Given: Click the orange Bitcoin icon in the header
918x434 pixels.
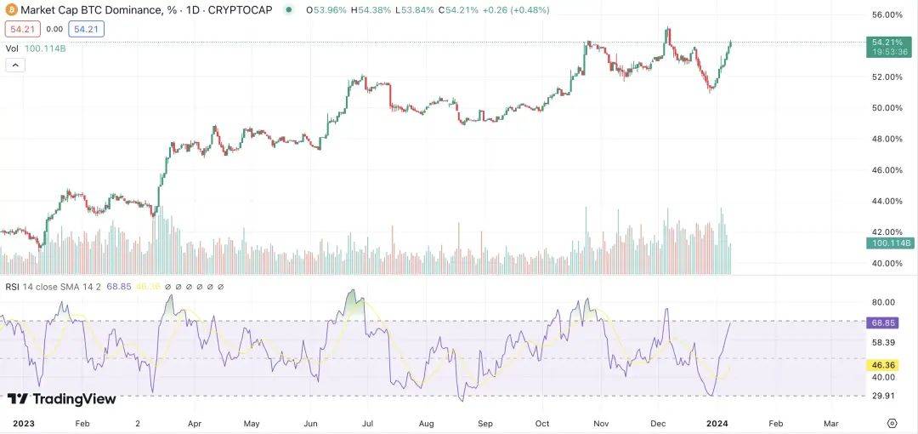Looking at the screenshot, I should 11,10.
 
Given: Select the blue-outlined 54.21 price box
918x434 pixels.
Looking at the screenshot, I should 87,30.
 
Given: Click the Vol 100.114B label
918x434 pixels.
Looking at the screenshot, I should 36,49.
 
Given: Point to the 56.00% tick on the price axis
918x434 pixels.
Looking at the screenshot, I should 887,15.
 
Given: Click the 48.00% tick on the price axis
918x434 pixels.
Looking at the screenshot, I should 887,139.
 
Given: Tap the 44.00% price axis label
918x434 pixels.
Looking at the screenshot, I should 887,201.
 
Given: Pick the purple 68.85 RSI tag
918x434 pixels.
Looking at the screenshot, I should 888,323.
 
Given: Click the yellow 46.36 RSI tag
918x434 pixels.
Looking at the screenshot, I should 888,364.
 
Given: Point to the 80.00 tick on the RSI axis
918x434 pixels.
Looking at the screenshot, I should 885,302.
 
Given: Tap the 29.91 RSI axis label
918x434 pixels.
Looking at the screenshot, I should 885,396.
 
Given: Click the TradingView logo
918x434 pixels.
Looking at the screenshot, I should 61,398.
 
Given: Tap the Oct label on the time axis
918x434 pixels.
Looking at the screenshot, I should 543,423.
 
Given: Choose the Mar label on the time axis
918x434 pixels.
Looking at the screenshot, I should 831,423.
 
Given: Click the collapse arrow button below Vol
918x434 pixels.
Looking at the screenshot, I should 14,66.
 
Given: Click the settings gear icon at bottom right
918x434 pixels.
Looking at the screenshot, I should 892,423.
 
